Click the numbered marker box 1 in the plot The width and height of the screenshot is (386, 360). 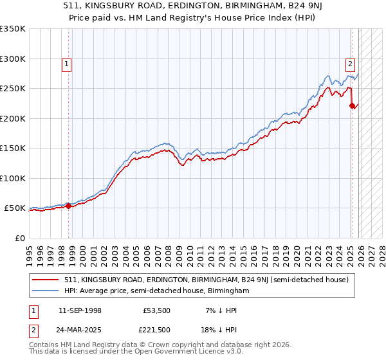tap(68, 64)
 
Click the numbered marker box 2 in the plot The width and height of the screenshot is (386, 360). tap(350, 64)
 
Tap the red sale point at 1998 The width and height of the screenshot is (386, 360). tap(69, 206)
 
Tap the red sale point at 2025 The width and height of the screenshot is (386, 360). tap(352, 106)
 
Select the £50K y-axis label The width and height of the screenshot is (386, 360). tap(15, 208)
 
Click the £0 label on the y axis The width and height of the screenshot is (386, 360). tap(21, 238)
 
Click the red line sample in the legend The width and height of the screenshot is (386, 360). tap(45, 280)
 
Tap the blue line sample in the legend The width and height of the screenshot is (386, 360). tap(45, 291)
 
